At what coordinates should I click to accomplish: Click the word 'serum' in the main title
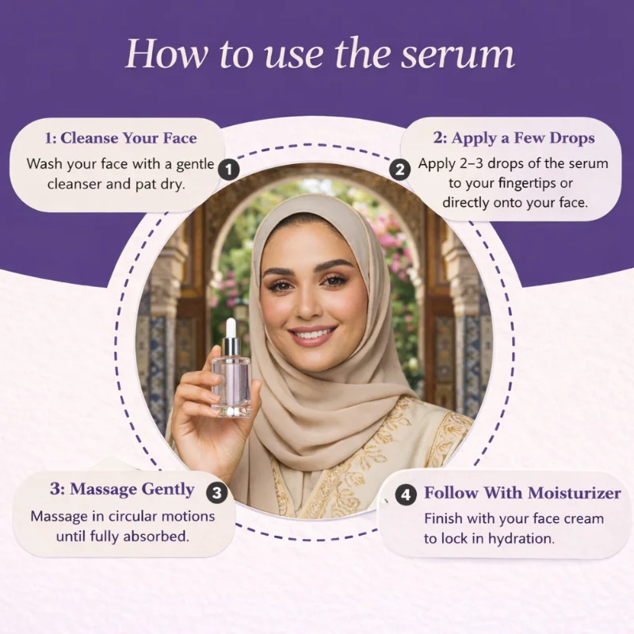pos(458,54)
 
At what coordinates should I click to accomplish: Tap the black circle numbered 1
pos(229,170)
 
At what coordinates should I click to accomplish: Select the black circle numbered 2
pos(400,170)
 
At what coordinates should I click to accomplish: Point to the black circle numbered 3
pos(217,493)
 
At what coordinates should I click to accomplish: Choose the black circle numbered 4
pos(406,495)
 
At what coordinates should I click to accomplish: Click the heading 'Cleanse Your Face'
pos(128,138)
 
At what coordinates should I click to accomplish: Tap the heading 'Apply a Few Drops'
pos(523,139)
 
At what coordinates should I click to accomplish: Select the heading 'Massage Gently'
pos(132,490)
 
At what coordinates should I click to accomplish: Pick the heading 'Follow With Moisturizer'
pos(522,493)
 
